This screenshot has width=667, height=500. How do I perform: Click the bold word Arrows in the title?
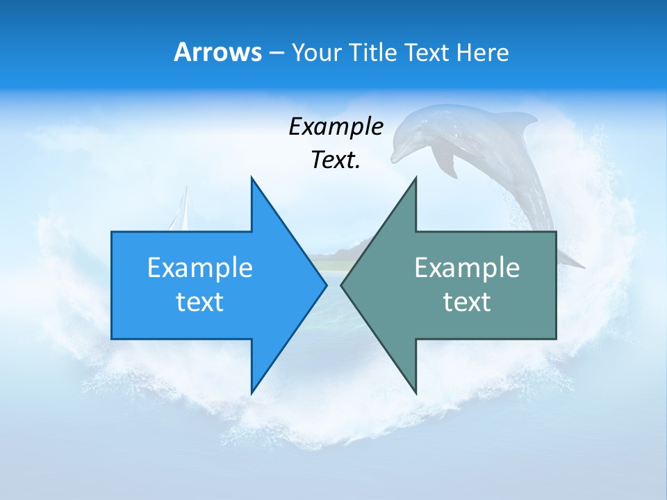tap(217, 52)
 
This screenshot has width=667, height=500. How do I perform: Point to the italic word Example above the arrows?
tap(336, 126)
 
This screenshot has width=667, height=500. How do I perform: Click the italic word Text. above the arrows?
tap(336, 160)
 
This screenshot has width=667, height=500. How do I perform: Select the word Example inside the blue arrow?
tap(200, 267)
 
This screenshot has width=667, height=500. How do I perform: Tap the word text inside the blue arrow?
tap(200, 302)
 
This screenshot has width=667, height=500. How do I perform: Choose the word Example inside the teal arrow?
tap(467, 267)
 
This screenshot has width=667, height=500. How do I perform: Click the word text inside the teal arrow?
tap(467, 302)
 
